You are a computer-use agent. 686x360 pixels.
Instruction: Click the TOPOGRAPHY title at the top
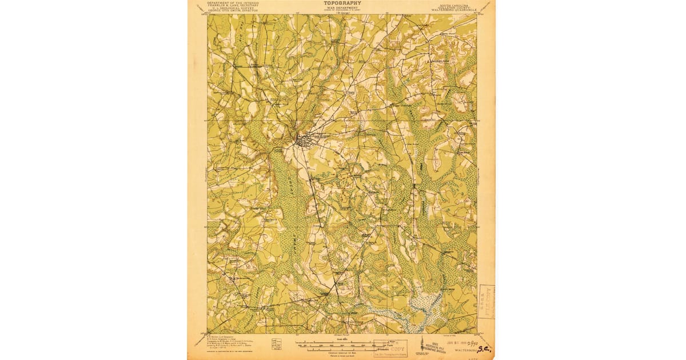[342, 3]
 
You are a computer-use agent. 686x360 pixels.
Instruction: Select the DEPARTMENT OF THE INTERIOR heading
[233, 2]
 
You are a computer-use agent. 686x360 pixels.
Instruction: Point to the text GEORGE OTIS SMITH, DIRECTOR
[233, 11]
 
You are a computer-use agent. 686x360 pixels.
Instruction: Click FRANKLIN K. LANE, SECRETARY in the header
[233, 5]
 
